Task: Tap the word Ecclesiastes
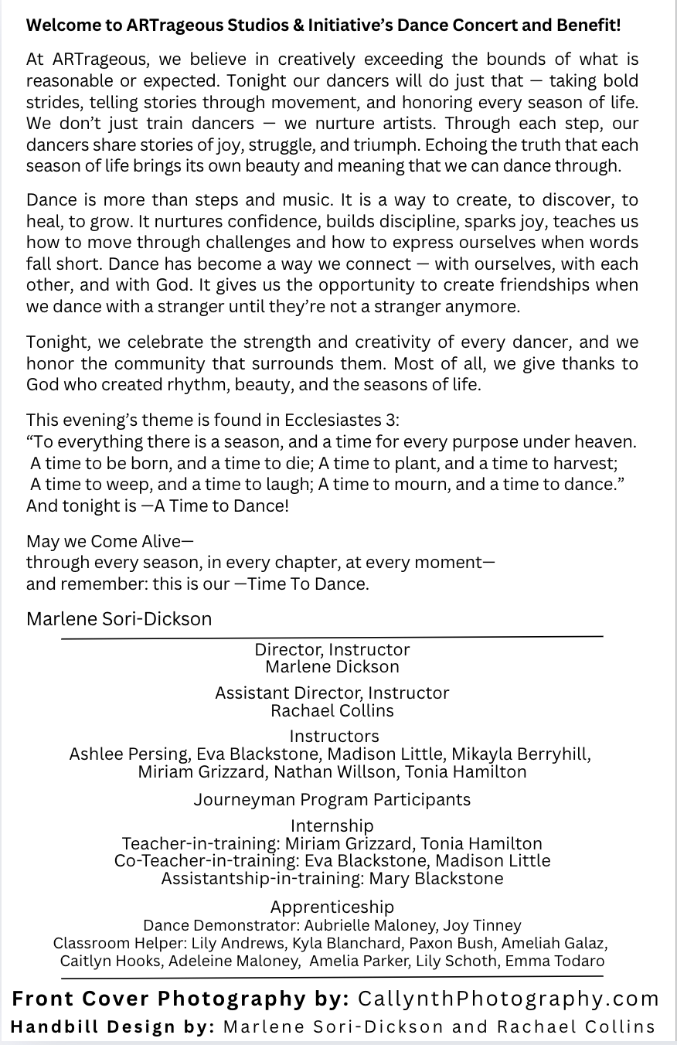[x=333, y=420]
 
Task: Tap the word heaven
[x=604, y=441]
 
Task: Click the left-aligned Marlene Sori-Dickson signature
[x=119, y=618]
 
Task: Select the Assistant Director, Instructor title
[x=332, y=693]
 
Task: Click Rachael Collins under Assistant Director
[x=332, y=710]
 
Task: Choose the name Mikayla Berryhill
[x=521, y=754]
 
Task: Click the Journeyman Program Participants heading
[x=332, y=799]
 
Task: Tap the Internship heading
[x=332, y=825]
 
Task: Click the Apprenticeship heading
[x=332, y=907]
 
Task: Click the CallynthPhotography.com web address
[x=509, y=999]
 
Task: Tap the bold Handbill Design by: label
[x=113, y=1026]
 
